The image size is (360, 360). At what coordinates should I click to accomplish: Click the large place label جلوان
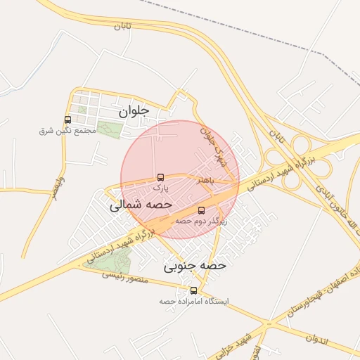tap(134, 111)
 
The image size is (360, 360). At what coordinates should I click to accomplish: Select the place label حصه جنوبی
tap(195, 266)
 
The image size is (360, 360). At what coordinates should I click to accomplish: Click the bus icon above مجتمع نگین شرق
tap(67, 120)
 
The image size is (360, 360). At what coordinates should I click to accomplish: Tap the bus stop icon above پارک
tap(160, 177)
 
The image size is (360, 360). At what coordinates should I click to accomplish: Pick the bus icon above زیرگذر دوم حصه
tap(202, 210)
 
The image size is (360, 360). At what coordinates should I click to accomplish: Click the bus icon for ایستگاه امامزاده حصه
tap(194, 290)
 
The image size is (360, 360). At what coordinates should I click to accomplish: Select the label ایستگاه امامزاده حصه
tap(194, 301)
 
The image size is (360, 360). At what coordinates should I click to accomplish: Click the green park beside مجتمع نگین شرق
tap(109, 129)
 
